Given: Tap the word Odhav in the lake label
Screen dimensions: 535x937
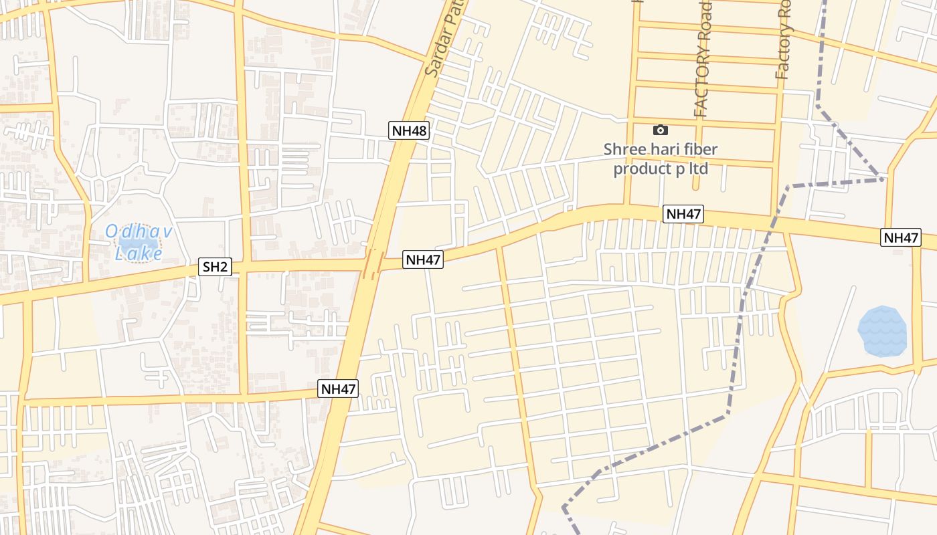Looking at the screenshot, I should point(139,232).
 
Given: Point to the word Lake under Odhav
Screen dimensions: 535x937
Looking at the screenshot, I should point(139,254).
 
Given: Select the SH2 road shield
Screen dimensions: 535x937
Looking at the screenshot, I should point(216,267).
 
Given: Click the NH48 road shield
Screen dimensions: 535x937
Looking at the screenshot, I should point(409,130).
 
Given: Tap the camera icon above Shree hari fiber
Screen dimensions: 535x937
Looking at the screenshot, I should point(661,130).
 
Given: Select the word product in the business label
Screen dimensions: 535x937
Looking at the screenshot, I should point(642,168).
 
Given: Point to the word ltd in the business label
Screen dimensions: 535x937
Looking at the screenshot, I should point(699,168).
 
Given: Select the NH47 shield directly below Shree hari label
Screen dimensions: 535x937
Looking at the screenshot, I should point(683,214).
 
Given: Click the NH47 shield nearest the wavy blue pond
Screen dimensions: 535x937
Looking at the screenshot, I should point(901,237).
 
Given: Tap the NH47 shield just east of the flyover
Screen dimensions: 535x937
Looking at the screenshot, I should point(423,259).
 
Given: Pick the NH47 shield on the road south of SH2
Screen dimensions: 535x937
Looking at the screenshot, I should point(338,389).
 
